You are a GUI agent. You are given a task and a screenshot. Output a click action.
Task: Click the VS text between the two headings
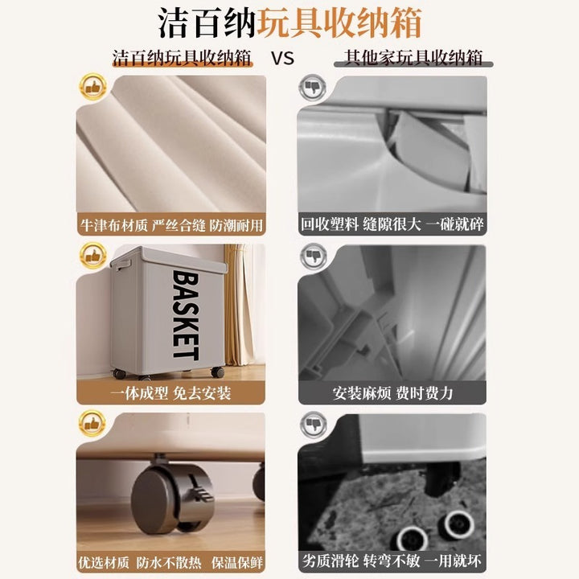(x=282, y=59)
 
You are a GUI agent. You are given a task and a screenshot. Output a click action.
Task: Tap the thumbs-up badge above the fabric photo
(x=92, y=87)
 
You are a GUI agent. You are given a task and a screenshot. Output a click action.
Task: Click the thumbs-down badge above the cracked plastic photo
(x=312, y=88)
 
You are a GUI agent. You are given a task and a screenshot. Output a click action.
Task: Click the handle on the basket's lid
(x=123, y=265)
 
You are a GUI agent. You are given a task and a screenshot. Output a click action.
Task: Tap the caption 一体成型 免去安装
(x=171, y=393)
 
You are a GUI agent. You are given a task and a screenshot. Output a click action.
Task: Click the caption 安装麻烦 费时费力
(x=392, y=393)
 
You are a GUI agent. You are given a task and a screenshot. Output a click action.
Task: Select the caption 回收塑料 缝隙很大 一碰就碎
(x=392, y=224)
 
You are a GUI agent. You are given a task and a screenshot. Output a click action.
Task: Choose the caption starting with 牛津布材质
(x=171, y=225)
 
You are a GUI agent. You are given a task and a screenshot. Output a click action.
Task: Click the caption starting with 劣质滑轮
(x=392, y=561)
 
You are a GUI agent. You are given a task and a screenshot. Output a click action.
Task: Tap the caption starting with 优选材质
(x=170, y=563)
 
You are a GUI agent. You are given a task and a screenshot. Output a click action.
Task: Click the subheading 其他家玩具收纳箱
(x=413, y=58)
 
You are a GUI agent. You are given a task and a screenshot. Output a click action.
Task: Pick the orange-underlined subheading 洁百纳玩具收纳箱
(x=182, y=58)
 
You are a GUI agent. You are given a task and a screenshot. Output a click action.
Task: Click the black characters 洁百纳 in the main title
(x=207, y=23)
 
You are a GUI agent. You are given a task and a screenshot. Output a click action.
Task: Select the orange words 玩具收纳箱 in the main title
(x=339, y=23)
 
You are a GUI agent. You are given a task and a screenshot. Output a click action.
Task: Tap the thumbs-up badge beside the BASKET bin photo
(x=92, y=256)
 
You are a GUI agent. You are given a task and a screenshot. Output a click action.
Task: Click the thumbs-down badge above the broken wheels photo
(x=313, y=425)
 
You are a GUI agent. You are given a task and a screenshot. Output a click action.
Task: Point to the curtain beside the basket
(x=240, y=305)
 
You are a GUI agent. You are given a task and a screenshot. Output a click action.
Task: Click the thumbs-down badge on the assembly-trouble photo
(x=313, y=257)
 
